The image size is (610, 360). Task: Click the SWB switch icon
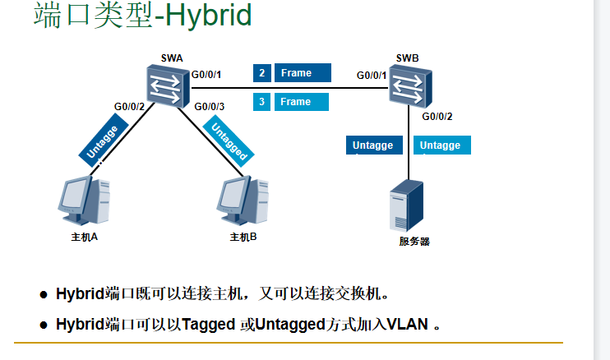point(409,86)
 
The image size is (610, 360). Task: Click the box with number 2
point(261,73)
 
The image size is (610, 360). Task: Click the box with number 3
point(261,102)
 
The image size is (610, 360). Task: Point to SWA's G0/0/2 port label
point(129,107)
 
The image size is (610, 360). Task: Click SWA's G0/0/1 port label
point(206,76)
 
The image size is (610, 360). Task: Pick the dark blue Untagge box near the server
point(374,145)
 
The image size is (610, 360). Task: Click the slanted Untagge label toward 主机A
point(104,142)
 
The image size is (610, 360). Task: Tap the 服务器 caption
point(414,241)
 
